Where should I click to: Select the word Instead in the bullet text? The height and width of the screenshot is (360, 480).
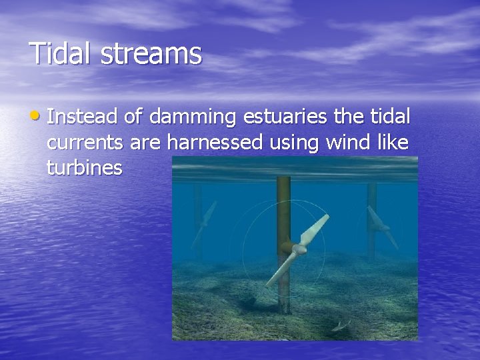[83, 119]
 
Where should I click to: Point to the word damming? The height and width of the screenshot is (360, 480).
[193, 119]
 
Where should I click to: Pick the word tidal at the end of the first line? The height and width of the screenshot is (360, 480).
[389, 119]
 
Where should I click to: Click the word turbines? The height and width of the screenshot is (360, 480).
[85, 168]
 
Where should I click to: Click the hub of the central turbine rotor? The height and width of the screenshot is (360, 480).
[293, 249]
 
